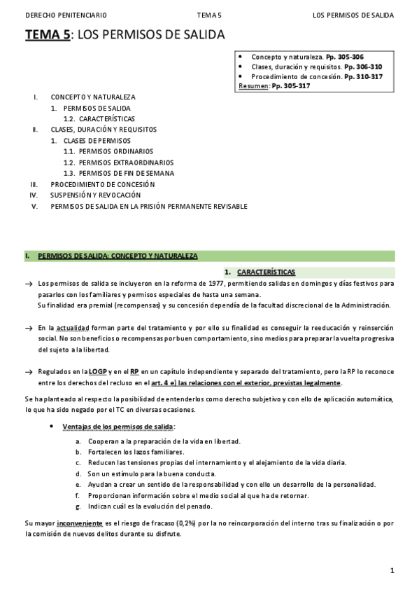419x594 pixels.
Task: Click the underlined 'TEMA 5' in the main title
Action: (48, 36)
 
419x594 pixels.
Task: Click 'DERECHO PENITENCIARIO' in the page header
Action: (57, 15)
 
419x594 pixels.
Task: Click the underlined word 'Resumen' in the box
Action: (253, 86)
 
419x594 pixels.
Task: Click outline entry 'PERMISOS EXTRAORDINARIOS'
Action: (115, 163)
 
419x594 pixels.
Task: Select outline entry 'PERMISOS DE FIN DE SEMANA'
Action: (126, 173)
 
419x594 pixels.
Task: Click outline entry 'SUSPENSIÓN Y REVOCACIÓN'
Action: (95, 195)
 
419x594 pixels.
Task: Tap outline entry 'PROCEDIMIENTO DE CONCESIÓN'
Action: (102, 184)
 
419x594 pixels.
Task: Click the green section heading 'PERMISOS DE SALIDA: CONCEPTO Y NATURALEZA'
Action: (118, 256)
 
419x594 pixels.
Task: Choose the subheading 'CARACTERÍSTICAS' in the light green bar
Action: (266, 272)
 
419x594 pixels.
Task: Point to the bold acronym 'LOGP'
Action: (97, 372)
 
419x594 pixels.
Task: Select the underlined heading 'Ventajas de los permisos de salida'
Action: (118, 427)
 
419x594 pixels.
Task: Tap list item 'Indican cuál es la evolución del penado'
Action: (150, 506)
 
